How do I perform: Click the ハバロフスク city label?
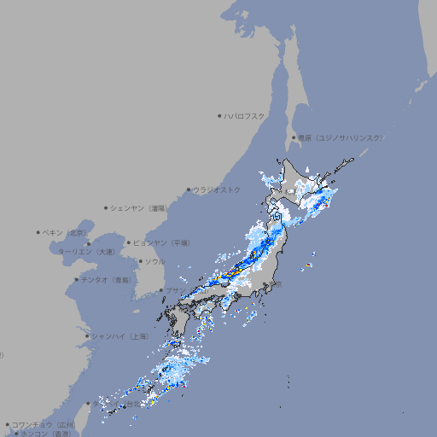(245, 115)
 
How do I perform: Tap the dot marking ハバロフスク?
(219, 115)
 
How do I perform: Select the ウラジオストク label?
(217, 189)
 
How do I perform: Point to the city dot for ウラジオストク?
(189, 189)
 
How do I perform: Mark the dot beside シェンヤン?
(107, 207)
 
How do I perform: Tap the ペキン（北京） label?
(66, 232)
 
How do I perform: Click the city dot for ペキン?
(38, 232)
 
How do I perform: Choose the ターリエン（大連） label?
(86, 252)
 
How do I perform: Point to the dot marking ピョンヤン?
(129, 242)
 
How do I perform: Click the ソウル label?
(154, 261)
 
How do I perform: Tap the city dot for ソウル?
(139, 261)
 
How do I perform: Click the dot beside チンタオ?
(76, 279)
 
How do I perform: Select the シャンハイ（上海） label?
(119, 336)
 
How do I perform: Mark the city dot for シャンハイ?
(86, 336)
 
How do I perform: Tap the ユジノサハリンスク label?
(341, 137)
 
